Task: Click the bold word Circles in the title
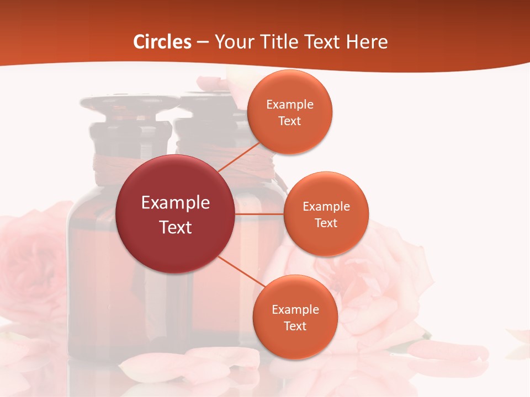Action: (x=162, y=42)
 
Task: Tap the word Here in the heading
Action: (x=367, y=42)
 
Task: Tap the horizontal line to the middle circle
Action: (x=259, y=213)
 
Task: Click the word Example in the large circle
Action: (x=176, y=203)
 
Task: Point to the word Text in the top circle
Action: (x=289, y=121)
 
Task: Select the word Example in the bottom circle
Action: (x=295, y=309)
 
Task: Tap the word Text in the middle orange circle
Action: (x=326, y=223)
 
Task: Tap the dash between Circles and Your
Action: (x=203, y=42)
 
